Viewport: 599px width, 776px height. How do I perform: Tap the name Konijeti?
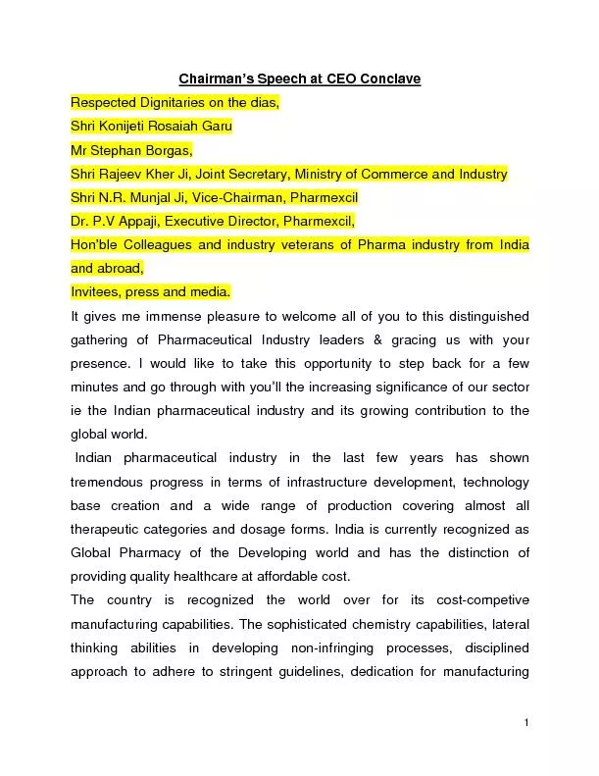pyautogui.click(x=131, y=127)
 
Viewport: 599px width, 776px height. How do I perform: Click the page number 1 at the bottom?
pyautogui.click(x=526, y=723)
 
